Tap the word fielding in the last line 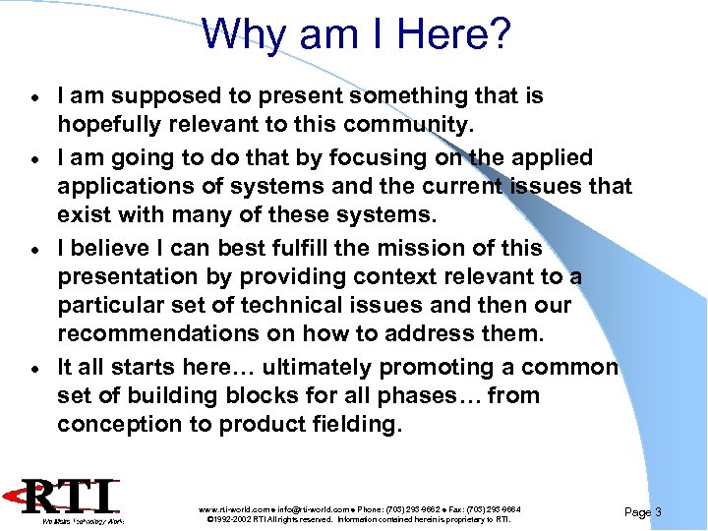click(354, 424)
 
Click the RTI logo click(73, 501)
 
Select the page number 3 click(657, 512)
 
